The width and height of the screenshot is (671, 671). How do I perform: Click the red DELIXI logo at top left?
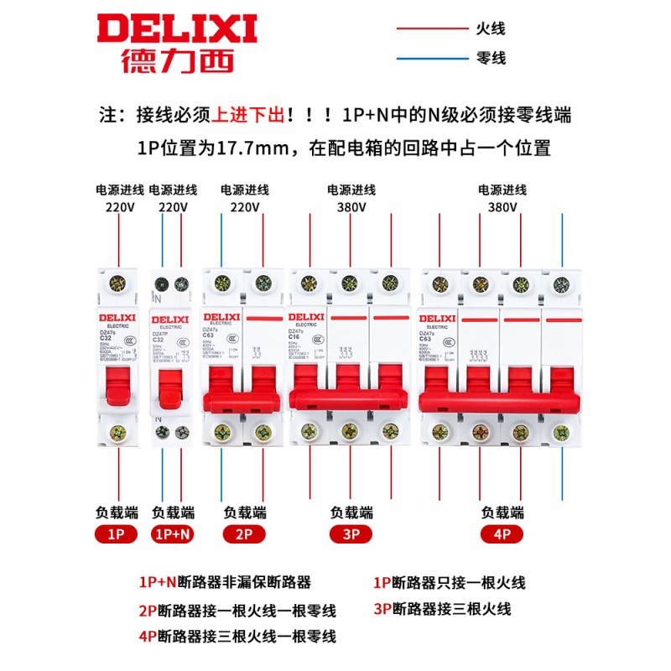[x=176, y=29]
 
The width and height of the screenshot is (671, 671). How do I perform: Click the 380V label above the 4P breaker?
[x=502, y=207]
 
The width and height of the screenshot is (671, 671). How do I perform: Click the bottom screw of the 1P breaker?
[x=118, y=433]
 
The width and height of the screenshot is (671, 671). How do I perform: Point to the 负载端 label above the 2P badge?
[x=244, y=512]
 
